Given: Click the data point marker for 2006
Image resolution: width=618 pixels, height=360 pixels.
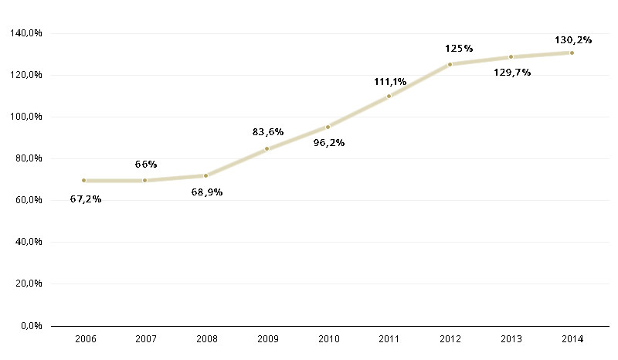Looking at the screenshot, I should click(83, 180).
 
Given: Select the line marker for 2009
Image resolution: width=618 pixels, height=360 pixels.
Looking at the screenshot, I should click(267, 148).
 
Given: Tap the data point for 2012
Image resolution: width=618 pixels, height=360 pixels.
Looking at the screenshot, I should click(450, 64).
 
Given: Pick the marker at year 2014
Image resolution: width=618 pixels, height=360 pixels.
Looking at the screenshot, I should click(572, 53).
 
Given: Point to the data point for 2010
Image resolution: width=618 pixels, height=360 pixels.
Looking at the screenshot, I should click(328, 127).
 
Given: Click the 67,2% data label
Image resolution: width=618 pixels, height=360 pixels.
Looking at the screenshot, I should click(85, 199).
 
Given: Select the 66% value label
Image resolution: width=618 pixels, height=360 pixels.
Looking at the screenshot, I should click(146, 164).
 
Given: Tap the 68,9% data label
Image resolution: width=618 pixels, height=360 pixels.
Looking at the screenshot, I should click(207, 192).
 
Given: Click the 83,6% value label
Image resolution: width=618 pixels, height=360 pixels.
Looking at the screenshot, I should click(268, 131).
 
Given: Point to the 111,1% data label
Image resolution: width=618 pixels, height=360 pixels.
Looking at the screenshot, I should click(390, 81).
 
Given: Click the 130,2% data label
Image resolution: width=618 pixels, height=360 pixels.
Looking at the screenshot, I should click(573, 39).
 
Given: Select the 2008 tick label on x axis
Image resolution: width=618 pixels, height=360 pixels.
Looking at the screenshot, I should click(206, 339).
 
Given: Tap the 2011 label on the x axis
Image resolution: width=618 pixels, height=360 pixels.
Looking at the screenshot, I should click(389, 339).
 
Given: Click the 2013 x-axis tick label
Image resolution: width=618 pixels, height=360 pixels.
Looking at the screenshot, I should click(511, 339).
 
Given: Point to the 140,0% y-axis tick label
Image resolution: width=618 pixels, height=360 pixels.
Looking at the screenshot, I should click(27, 33).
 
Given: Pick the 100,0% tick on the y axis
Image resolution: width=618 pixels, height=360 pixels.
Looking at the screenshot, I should click(27, 117).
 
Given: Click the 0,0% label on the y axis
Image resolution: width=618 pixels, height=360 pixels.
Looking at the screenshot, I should click(31, 325).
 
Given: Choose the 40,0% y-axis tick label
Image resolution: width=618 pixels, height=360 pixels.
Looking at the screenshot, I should click(29, 242).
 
